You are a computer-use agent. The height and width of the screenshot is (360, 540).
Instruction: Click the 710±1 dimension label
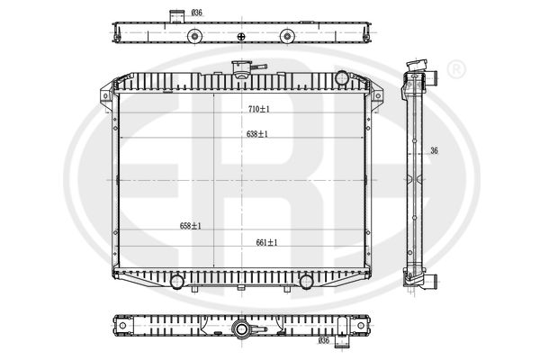(x=259, y=109)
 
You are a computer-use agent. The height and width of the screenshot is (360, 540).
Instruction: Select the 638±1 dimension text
(x=257, y=133)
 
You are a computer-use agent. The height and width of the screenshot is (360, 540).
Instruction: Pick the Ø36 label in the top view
(x=197, y=13)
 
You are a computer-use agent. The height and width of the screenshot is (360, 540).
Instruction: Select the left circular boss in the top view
(x=193, y=36)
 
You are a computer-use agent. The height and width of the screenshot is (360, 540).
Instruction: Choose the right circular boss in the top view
(x=286, y=36)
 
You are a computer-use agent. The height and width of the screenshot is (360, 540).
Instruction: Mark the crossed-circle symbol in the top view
(x=240, y=36)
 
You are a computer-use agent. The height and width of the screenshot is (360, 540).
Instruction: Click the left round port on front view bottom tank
(x=177, y=282)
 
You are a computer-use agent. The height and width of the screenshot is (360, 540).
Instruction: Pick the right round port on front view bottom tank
(x=306, y=282)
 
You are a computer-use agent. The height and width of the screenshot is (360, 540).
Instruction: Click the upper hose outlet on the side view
(x=430, y=74)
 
